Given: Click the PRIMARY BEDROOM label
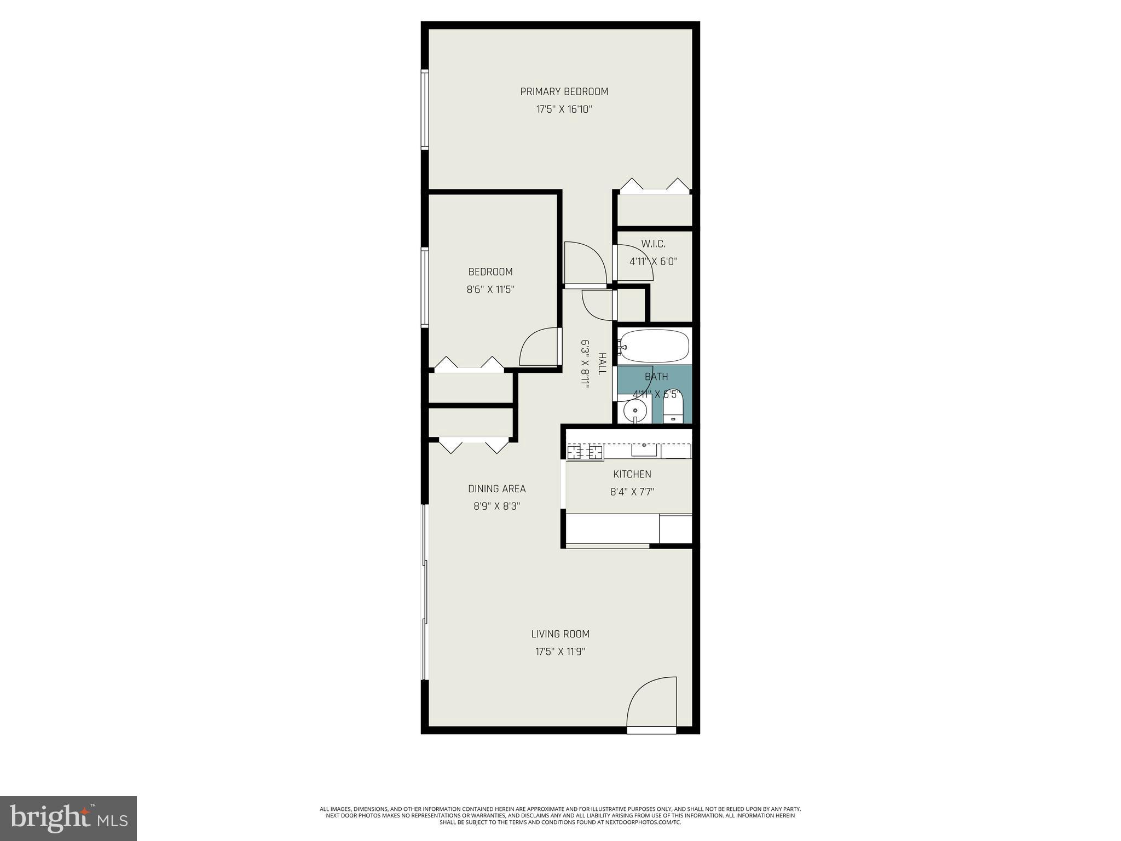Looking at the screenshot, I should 564,91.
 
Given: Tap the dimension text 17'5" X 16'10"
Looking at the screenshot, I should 564,110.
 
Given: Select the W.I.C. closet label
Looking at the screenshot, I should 653,244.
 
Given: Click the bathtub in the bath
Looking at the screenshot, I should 654,345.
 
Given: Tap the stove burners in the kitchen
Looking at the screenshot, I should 585,452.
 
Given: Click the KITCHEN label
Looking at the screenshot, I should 632,474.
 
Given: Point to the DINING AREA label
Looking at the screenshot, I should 496,489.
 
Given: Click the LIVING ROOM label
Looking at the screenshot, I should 560,634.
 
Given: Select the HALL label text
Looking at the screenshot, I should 602,364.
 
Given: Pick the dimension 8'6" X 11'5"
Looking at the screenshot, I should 490,290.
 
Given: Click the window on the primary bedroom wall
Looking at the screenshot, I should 424,110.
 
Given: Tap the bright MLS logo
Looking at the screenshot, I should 68,818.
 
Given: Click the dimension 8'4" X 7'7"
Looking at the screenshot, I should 632,492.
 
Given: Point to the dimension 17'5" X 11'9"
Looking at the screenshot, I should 560,652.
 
